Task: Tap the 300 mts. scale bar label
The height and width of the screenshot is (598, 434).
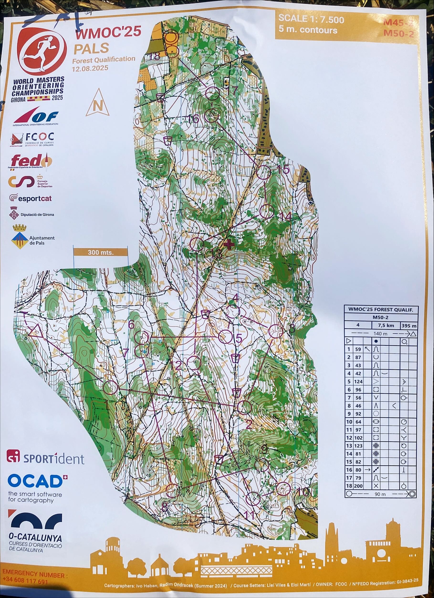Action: point(100,252)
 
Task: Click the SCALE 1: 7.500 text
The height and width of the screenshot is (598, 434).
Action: point(311,20)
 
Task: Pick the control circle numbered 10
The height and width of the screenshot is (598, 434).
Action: point(283,489)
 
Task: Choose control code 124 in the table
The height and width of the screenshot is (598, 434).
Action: point(358,381)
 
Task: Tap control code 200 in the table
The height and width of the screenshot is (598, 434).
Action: point(358,486)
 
